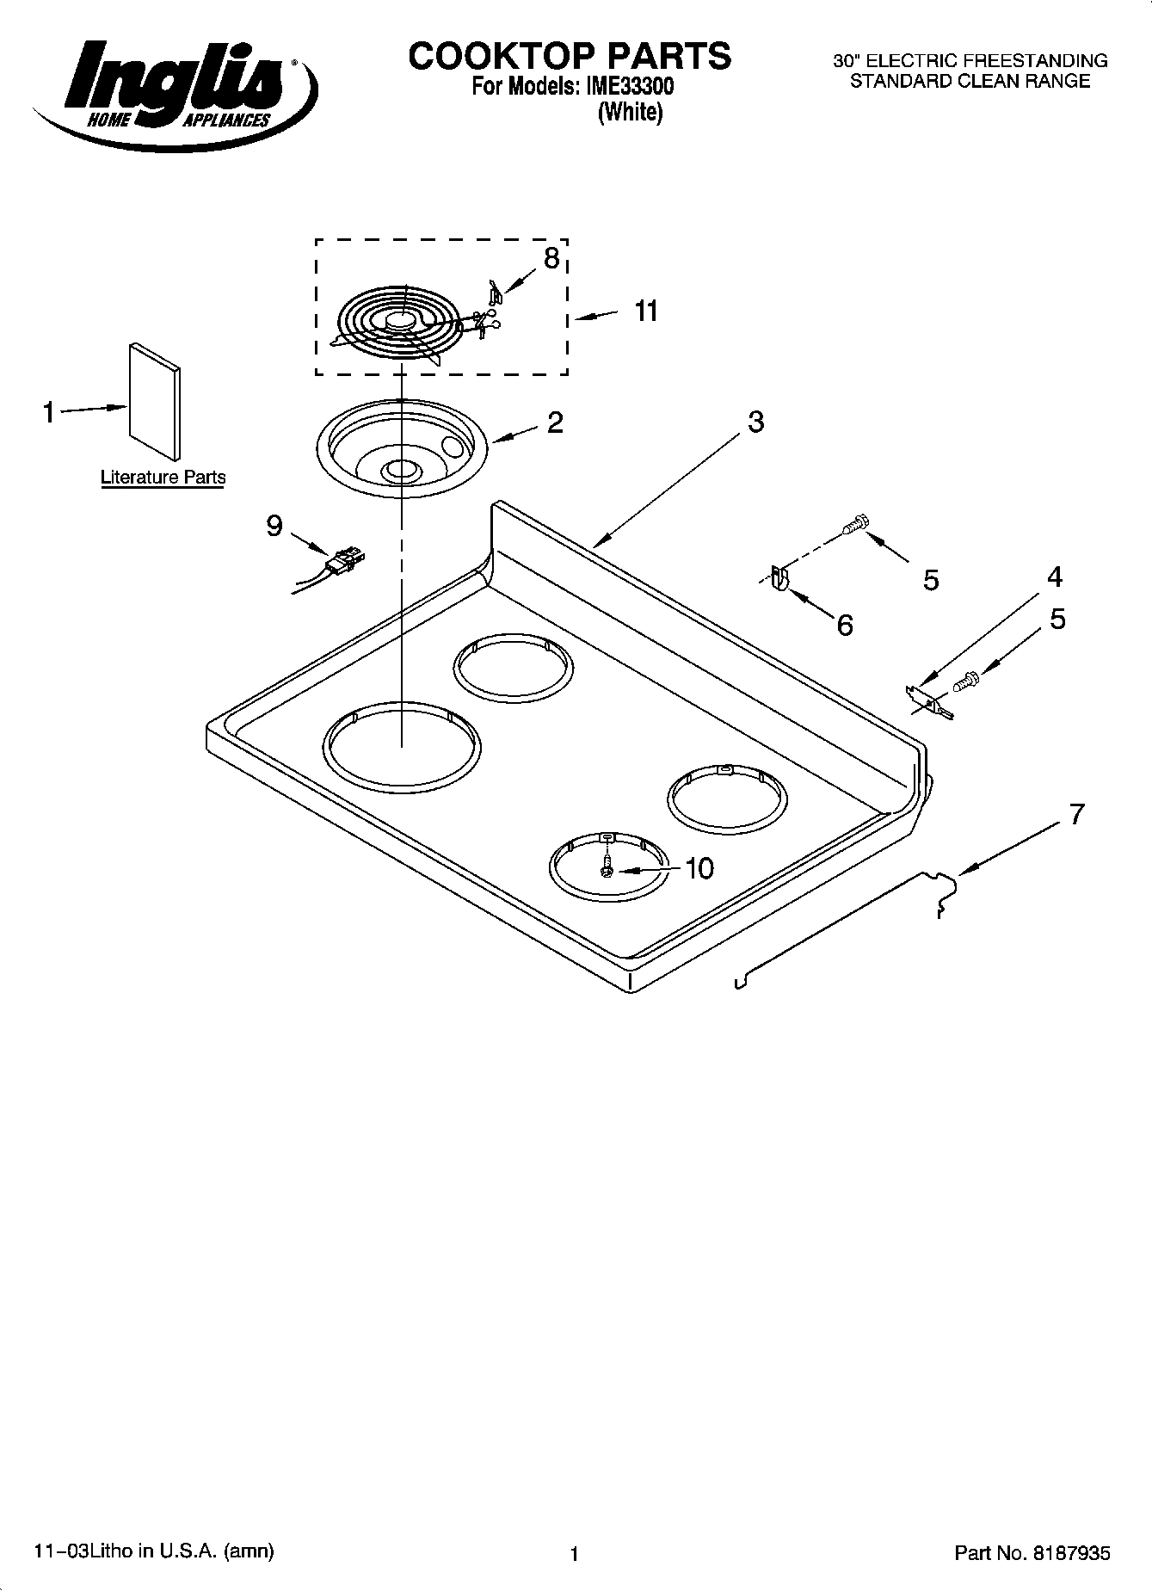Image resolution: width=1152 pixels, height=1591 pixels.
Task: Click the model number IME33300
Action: tap(633, 87)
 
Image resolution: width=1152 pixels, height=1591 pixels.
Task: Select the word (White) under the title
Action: tap(630, 112)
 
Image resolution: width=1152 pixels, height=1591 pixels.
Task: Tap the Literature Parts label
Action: tap(163, 477)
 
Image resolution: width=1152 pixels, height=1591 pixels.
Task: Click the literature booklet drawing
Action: tap(155, 403)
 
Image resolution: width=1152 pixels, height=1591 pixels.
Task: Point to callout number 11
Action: tap(646, 311)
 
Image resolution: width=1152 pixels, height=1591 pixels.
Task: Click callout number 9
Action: tap(274, 525)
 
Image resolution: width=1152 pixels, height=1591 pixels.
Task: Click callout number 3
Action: tap(755, 422)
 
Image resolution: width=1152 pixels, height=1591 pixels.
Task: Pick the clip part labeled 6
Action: tap(779, 578)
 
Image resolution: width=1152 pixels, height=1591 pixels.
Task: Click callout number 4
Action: tap(1055, 577)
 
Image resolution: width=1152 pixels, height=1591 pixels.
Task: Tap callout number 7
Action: tap(1076, 813)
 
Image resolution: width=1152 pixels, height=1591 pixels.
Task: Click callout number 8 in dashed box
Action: tap(551, 257)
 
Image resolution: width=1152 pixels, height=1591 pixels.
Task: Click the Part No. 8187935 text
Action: tap(1032, 1553)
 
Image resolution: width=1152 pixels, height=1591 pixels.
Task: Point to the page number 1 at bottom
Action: tap(575, 1553)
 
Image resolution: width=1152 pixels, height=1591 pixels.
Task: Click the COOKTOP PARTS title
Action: tap(570, 56)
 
